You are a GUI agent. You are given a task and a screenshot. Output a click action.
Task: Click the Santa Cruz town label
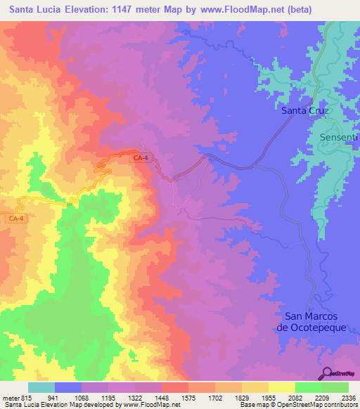[x=305, y=110]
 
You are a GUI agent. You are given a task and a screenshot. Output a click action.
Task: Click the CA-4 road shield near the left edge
[x=17, y=219]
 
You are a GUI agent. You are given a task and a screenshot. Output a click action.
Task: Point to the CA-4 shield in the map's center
[x=141, y=158]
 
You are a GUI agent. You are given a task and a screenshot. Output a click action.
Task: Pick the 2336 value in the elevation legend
[x=349, y=397]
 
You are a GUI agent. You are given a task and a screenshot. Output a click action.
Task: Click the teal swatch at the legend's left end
[x=41, y=387]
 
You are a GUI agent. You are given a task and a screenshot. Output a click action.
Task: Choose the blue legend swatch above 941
[x=68, y=387]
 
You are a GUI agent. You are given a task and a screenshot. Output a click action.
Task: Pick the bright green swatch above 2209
[x=309, y=387]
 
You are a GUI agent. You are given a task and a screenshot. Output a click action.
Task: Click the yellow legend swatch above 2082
[x=282, y=387]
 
